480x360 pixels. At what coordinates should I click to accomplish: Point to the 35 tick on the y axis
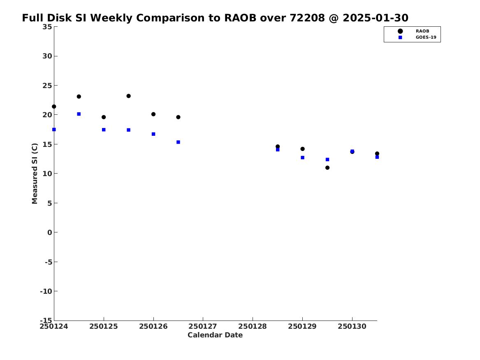(47, 27)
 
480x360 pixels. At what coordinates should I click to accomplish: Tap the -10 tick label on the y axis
(46, 291)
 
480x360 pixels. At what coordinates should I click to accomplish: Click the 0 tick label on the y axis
(50, 232)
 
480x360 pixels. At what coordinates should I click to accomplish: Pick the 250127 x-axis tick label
(203, 326)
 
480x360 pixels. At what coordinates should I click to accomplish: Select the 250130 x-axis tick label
(352, 326)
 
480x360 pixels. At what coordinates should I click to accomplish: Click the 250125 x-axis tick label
(104, 326)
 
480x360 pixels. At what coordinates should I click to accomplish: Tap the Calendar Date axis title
(215, 335)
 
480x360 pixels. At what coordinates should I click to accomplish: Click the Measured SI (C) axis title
(35, 174)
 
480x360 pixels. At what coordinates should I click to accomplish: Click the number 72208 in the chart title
(307, 18)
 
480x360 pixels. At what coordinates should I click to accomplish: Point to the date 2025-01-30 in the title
(375, 18)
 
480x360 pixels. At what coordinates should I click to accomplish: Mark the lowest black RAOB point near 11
(327, 168)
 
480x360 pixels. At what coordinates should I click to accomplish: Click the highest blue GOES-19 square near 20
(79, 114)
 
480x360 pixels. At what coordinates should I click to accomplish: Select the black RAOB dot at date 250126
(153, 114)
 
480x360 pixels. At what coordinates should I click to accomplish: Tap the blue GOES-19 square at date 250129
(302, 158)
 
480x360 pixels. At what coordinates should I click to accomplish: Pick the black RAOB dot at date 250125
(104, 117)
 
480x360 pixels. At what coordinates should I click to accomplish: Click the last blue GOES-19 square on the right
(377, 157)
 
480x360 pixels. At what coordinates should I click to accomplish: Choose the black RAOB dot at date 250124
(54, 107)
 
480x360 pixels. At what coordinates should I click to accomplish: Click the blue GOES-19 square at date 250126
(153, 134)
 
